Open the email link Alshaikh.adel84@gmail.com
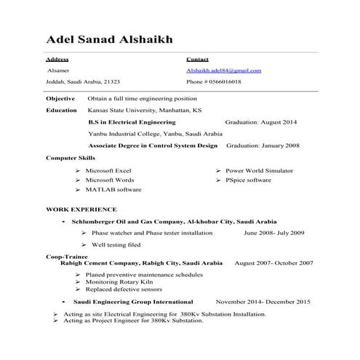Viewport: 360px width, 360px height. (x=223, y=71)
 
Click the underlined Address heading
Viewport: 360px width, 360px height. (x=57, y=58)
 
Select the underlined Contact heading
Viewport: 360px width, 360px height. (x=197, y=58)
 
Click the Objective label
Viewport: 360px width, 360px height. (x=60, y=97)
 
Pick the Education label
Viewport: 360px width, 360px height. (x=61, y=110)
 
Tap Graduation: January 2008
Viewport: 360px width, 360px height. (x=263, y=145)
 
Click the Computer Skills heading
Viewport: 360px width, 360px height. (x=71, y=157)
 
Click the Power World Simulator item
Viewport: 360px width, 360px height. (x=260, y=169)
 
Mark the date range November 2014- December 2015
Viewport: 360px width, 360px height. (x=263, y=301)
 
